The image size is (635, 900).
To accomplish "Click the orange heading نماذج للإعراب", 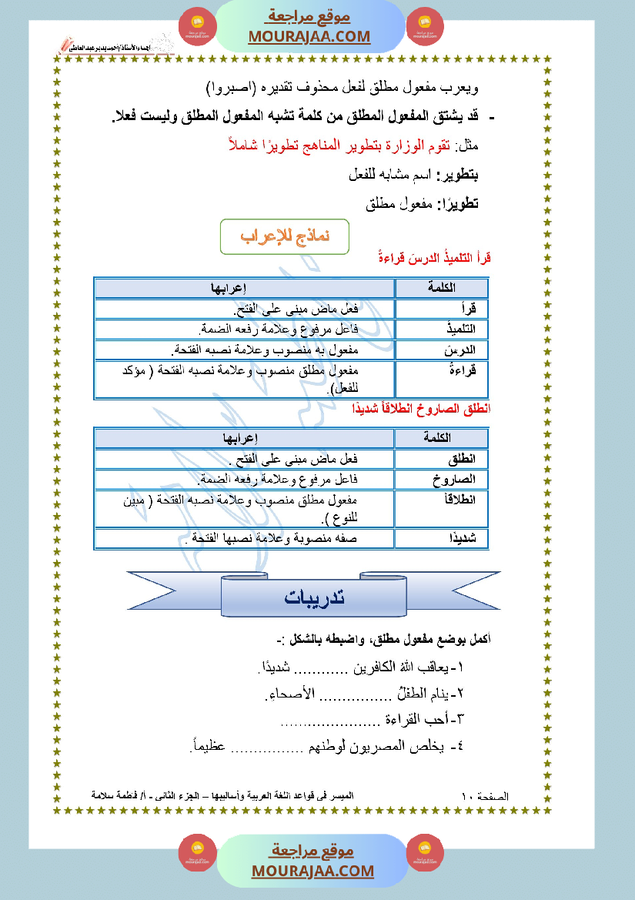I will click(x=285, y=236).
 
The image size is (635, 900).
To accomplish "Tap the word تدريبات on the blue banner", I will click(x=314, y=597).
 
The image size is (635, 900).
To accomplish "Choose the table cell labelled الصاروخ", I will click(x=442, y=480).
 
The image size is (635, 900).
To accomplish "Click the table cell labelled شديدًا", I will click(x=442, y=538).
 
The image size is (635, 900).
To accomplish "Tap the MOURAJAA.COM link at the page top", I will click(x=309, y=36).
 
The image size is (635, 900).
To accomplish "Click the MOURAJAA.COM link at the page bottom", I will click(x=312, y=871).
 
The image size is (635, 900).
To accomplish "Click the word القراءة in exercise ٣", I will click(x=412, y=720).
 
